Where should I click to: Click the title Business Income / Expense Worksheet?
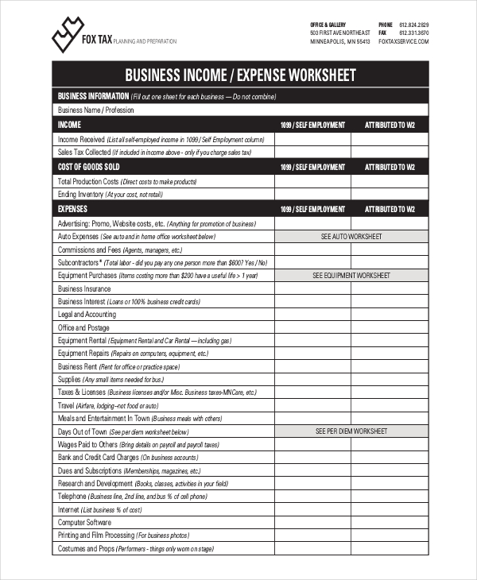tap(241, 75)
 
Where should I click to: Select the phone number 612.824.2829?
tap(413, 25)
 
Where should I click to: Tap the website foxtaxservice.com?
tap(404, 41)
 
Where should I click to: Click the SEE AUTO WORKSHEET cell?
tap(351, 237)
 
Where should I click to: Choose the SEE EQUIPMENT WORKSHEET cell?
tap(351, 276)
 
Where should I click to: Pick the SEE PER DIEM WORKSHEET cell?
tap(351, 431)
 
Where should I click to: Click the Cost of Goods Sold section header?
tap(89, 167)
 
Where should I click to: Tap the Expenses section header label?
tap(73, 210)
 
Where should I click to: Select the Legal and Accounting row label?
tap(87, 315)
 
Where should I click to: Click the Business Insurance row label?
tap(84, 288)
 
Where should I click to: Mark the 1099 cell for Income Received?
tap(312, 138)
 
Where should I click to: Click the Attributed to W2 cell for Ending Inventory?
tap(390, 194)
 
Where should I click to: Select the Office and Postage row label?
tap(83, 327)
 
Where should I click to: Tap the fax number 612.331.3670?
tap(413, 33)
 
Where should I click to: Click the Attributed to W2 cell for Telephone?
tap(390, 496)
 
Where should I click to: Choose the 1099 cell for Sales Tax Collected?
tap(312, 152)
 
